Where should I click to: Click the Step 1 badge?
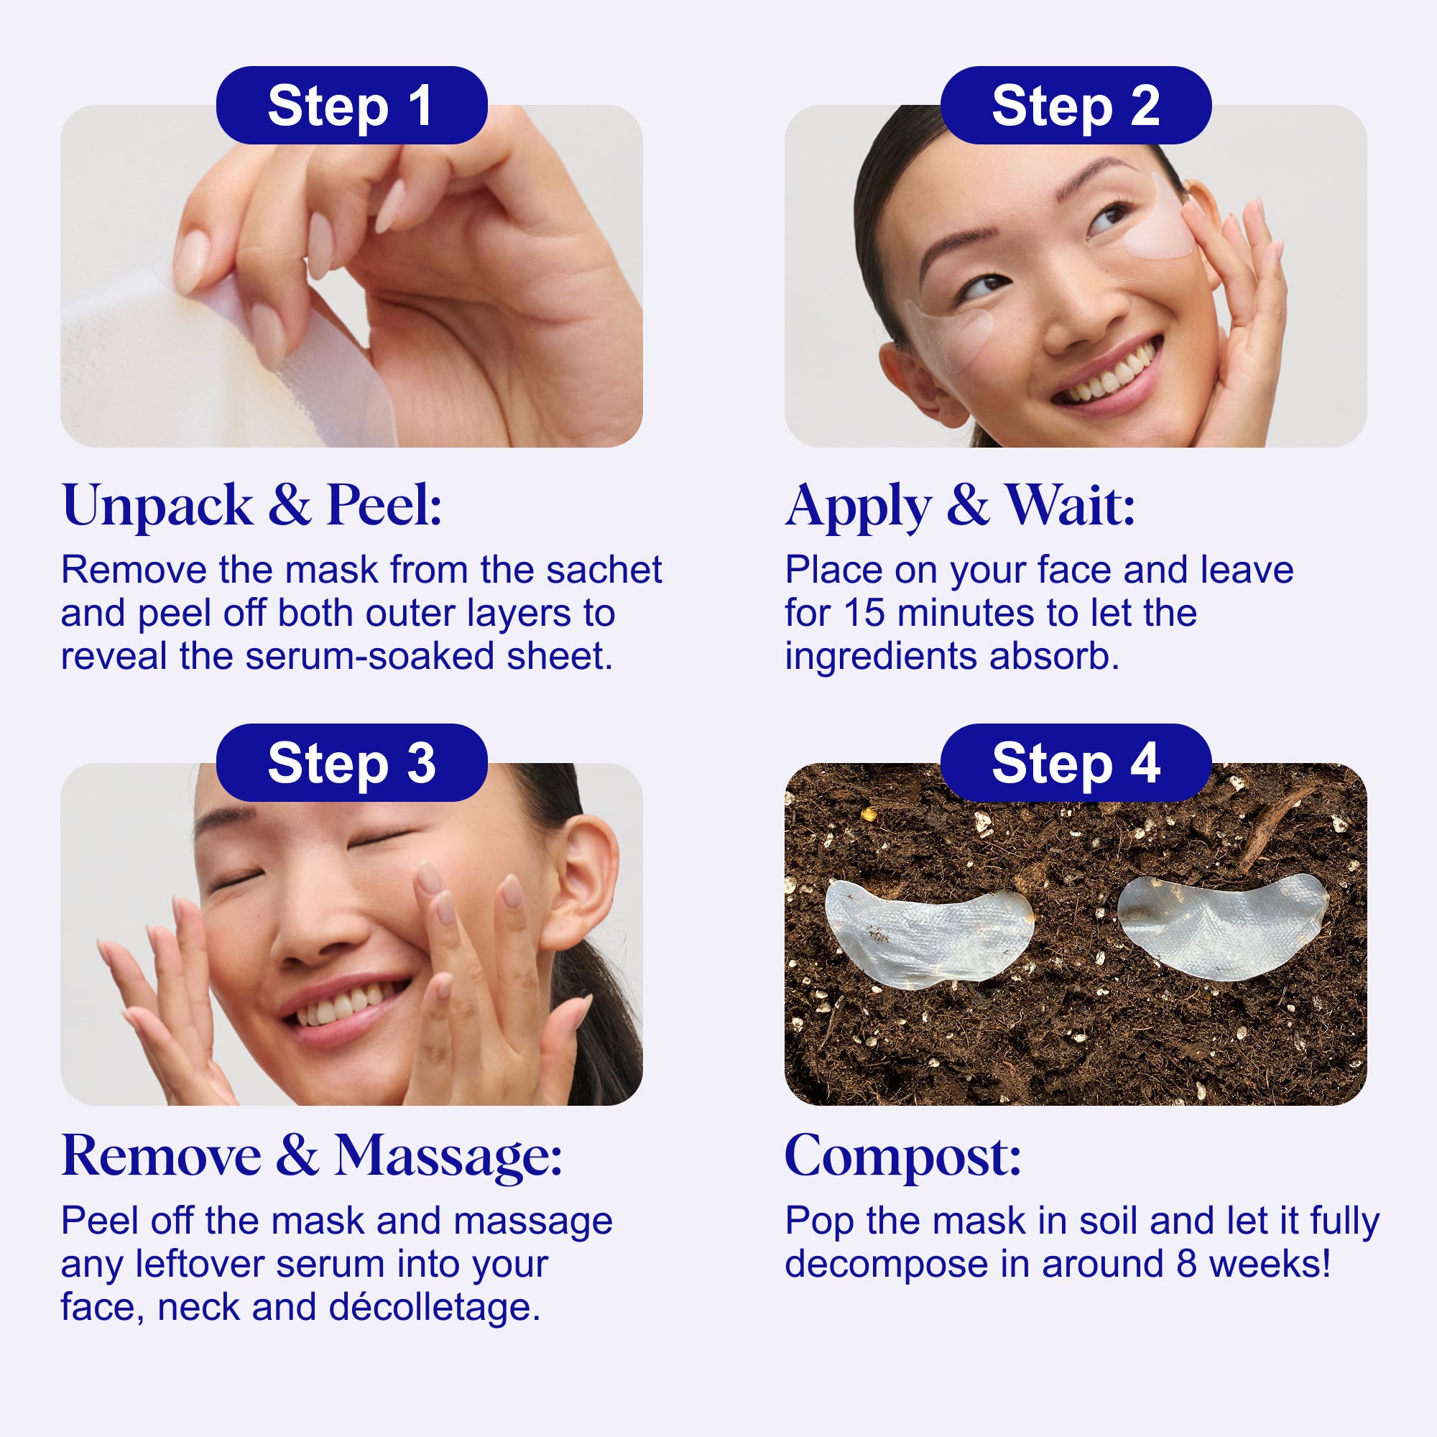point(352,105)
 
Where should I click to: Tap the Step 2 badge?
point(1076,105)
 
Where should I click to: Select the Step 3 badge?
point(352,762)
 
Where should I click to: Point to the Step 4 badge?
point(1076,762)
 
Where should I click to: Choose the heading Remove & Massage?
point(312,1158)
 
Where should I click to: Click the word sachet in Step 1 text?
point(604,570)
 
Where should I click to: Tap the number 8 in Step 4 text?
point(1187,1265)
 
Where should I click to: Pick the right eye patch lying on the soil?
point(1222,926)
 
